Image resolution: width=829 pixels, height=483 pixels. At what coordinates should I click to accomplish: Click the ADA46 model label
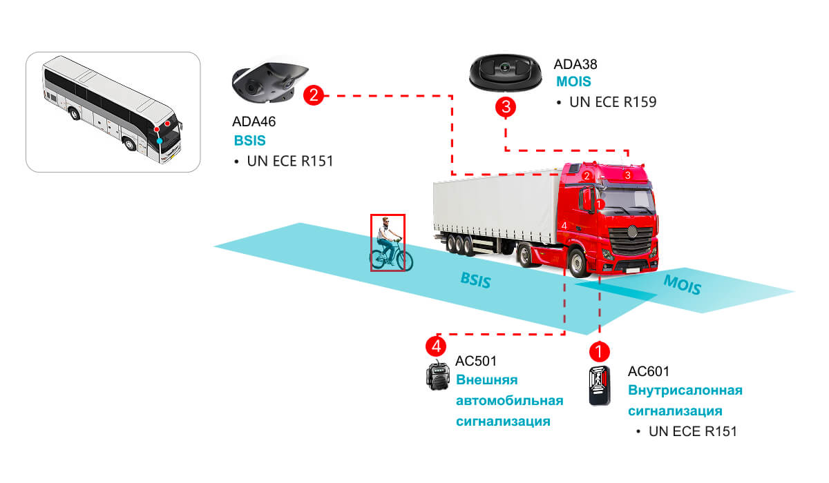coord(254,121)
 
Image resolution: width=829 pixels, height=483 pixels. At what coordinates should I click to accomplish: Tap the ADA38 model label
coord(575,64)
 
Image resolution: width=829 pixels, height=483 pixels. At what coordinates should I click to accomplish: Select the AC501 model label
coord(476,361)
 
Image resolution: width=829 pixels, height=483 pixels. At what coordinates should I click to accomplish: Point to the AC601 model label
coord(649,371)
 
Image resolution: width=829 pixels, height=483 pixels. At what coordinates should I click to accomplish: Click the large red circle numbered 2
coord(314,95)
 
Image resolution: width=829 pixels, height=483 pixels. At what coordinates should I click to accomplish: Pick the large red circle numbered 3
coord(506,107)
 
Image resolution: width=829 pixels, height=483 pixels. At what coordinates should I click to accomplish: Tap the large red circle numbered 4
coord(436,346)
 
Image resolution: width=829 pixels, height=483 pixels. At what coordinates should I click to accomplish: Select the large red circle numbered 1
coord(599,351)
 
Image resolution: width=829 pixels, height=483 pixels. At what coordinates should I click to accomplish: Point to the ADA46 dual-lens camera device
coord(269,83)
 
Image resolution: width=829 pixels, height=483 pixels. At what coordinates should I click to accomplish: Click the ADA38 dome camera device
coord(505,73)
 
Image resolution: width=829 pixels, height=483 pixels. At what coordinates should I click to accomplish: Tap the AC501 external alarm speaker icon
coord(438,376)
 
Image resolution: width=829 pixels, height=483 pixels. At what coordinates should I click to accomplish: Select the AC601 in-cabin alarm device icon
coord(600,386)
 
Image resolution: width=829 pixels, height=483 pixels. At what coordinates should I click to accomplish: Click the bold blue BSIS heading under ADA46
coord(250,141)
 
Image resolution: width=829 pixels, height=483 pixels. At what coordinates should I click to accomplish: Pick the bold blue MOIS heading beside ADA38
coord(573,81)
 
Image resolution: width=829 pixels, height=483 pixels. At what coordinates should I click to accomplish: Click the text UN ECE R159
coord(613,102)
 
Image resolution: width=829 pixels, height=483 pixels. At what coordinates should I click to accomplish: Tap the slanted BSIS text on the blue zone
coord(475,281)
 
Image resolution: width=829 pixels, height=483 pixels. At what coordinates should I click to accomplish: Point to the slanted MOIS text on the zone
coord(682,285)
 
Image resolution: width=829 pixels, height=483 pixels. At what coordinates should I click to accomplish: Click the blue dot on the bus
coord(160,141)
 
